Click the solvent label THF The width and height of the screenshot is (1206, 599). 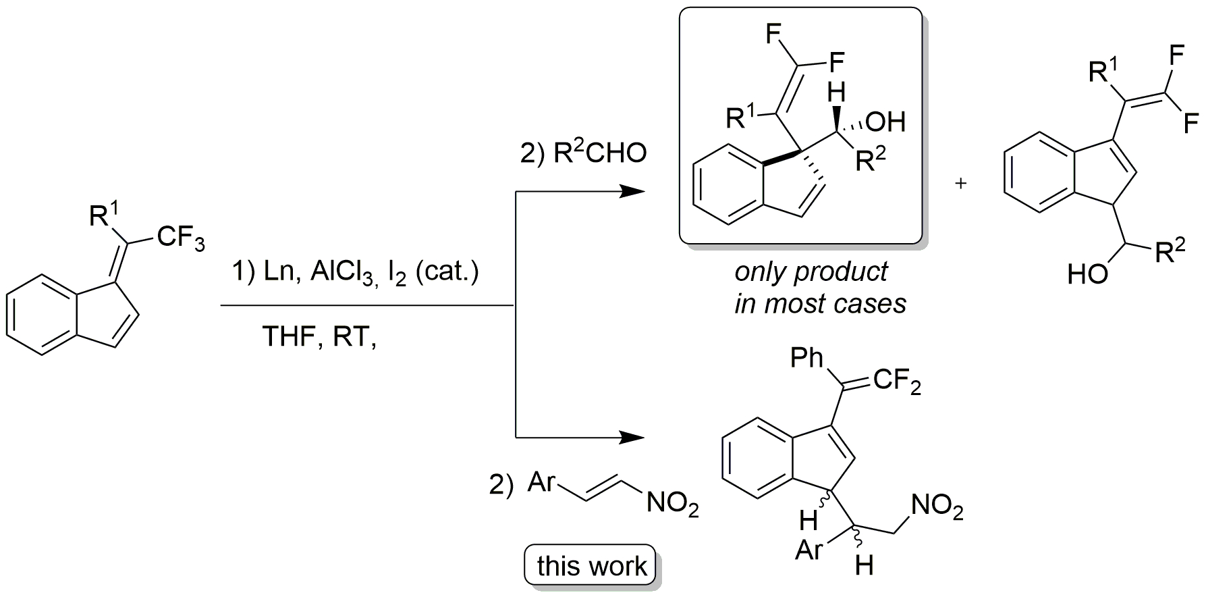click(292, 336)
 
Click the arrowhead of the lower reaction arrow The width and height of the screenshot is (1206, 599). click(631, 438)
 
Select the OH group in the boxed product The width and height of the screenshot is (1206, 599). click(885, 122)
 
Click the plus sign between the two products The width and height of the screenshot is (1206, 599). click(961, 183)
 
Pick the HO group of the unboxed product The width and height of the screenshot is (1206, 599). click(1087, 274)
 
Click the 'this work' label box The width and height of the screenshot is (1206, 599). click(591, 566)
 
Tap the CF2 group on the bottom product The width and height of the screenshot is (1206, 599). click(896, 383)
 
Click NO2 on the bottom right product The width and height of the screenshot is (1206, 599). click(936, 508)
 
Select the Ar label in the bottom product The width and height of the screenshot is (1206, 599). click(810, 551)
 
